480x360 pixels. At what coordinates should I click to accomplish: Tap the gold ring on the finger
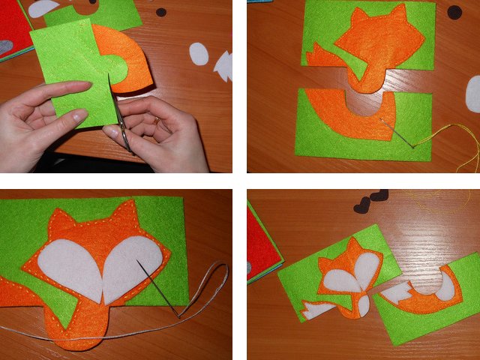point(156,120)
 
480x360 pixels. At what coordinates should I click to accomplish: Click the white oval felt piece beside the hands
point(199,54)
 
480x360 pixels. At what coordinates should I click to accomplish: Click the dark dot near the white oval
point(161,12)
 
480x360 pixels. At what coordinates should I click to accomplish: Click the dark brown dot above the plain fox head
point(454,12)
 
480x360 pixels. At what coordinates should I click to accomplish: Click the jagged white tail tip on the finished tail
point(395,293)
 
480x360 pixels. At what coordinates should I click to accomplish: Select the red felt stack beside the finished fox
point(262,247)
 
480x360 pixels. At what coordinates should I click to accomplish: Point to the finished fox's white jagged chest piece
point(315,307)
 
